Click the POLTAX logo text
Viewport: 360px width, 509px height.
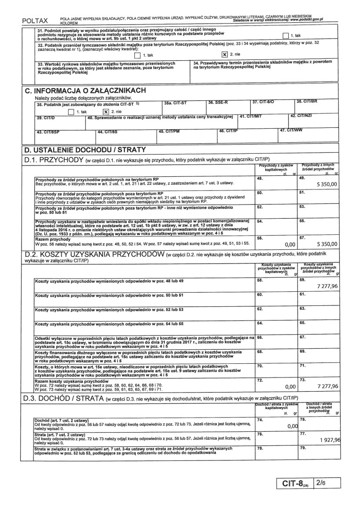(x=35, y=21)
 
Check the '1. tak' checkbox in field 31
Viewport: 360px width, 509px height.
(x=285, y=35)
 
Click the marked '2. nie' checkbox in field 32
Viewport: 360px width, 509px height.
(x=225, y=54)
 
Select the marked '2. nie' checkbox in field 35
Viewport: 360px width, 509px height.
(x=106, y=112)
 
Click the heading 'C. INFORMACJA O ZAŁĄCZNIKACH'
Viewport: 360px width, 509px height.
(x=85, y=90)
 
